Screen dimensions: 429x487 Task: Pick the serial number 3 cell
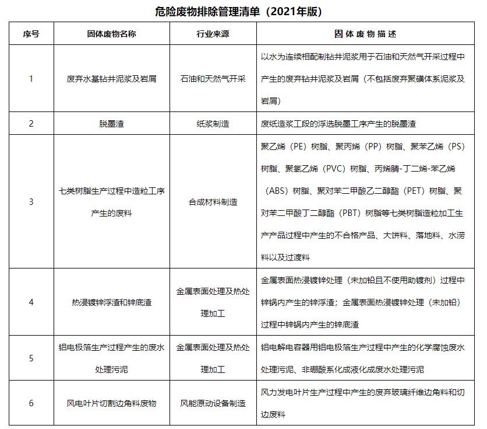point(31,201)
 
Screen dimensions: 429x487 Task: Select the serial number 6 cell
point(31,403)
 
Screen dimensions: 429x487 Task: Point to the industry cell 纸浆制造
point(213,124)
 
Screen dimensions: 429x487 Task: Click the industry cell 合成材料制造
point(213,201)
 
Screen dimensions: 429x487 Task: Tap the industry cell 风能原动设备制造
point(213,403)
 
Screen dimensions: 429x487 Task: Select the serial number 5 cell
point(31,358)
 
